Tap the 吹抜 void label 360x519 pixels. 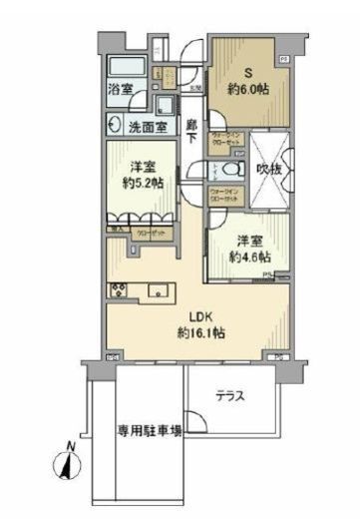[266, 170]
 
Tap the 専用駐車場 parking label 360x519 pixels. [150, 432]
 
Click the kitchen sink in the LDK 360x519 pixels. [159, 291]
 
